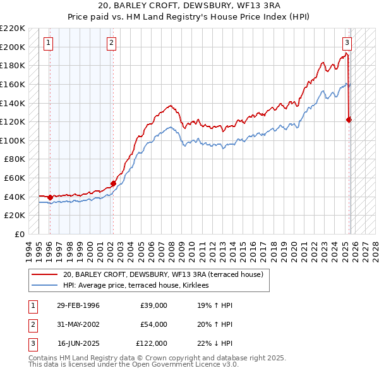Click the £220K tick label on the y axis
[x=13, y=28]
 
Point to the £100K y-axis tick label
[x=13, y=140]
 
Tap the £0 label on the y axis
[x=20, y=234]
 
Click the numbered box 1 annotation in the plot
[x=49, y=43]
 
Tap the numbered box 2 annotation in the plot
[x=111, y=43]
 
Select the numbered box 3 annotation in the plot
[x=347, y=43]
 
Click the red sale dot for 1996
[x=51, y=197]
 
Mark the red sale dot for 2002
[x=114, y=183]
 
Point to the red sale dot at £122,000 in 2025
[x=349, y=119]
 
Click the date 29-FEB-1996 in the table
[x=78, y=305]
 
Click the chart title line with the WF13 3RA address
[x=189, y=5]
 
